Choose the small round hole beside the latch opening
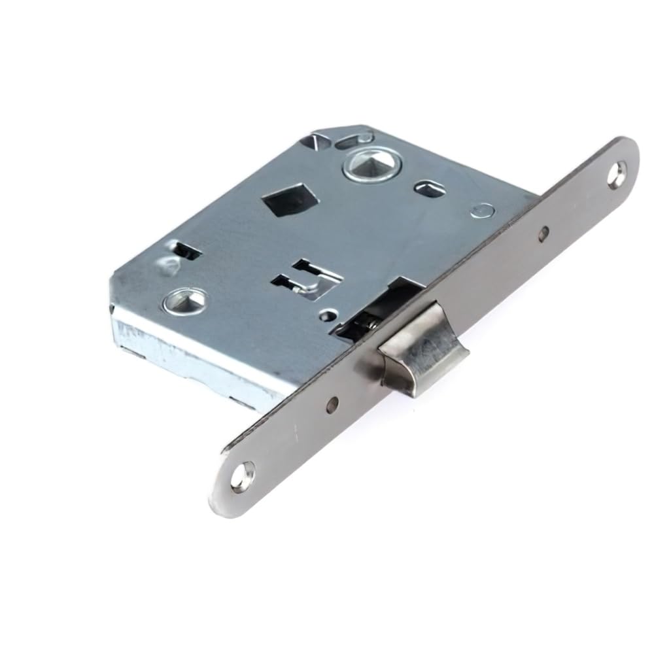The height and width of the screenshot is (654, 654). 326,318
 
